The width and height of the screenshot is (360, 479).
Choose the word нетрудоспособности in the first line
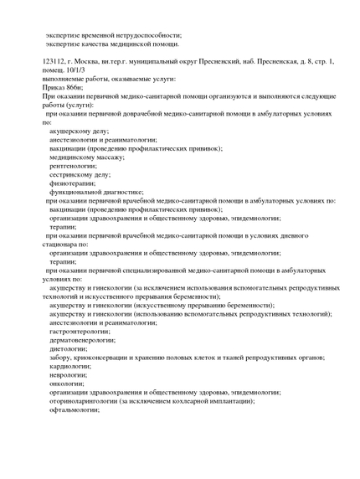pos(142,35)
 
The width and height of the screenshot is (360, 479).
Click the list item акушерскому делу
pos(79,131)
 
